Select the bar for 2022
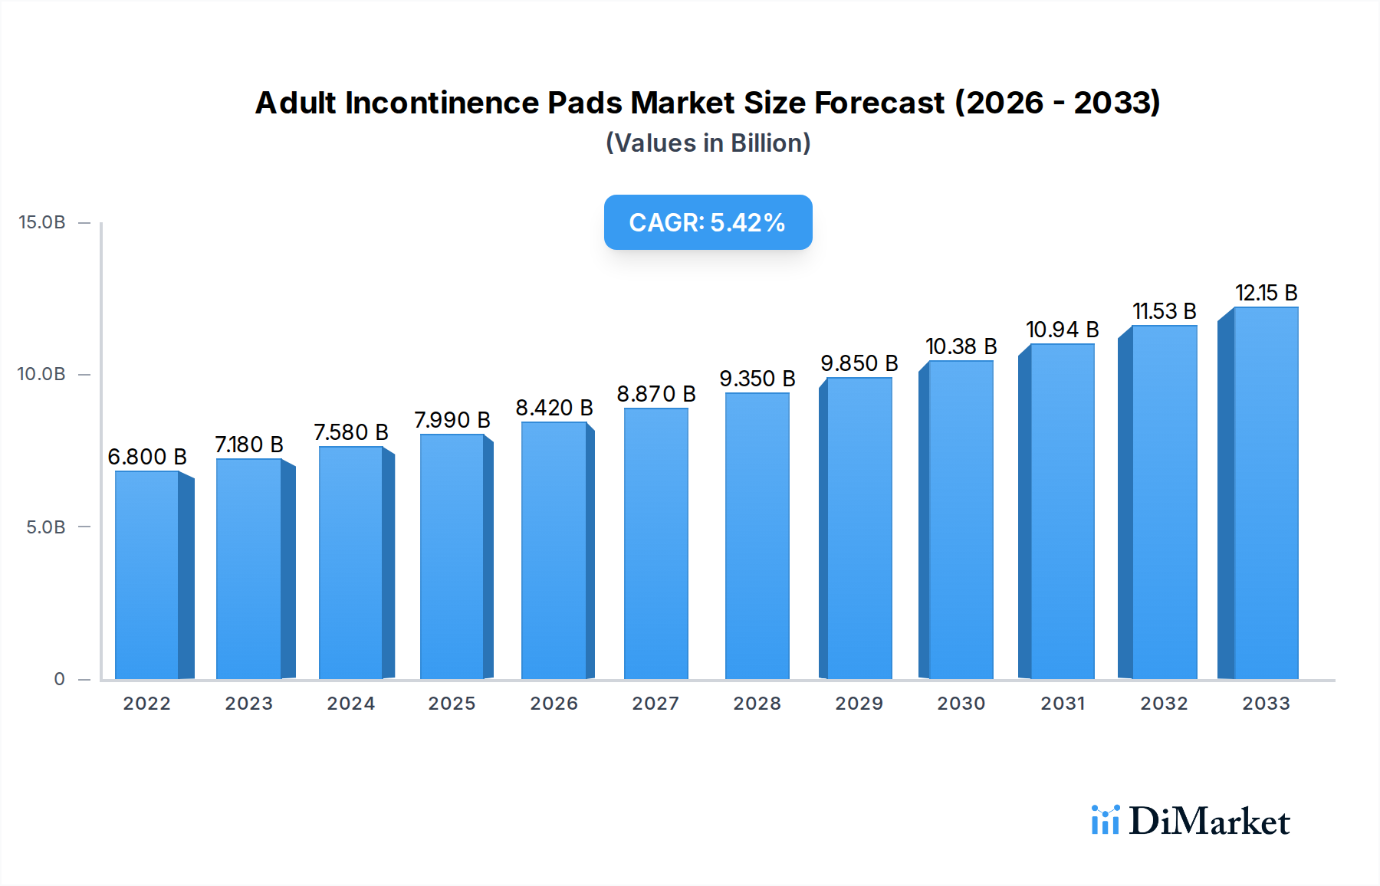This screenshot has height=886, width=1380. (x=147, y=575)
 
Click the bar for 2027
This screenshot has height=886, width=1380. (x=655, y=544)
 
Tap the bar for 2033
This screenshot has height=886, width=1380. (x=1266, y=494)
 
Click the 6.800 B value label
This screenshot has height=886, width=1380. (x=147, y=457)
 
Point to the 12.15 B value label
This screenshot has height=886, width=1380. (x=1266, y=293)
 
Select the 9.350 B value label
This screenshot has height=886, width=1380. (x=757, y=379)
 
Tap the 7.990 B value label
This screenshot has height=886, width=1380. (x=452, y=420)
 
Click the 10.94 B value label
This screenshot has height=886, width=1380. (x=1062, y=330)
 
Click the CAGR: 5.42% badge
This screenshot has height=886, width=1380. (x=708, y=222)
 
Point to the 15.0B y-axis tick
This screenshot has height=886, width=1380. (x=42, y=222)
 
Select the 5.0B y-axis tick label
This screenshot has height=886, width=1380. (x=46, y=527)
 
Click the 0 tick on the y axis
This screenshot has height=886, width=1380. (x=59, y=679)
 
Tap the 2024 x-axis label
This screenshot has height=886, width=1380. (x=350, y=704)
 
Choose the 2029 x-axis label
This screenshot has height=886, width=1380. (x=859, y=704)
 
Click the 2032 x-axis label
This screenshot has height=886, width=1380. (x=1164, y=704)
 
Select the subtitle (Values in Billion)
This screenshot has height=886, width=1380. (x=708, y=143)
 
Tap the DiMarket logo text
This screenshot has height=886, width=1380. (x=1209, y=822)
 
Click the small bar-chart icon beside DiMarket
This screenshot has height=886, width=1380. (x=1105, y=820)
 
